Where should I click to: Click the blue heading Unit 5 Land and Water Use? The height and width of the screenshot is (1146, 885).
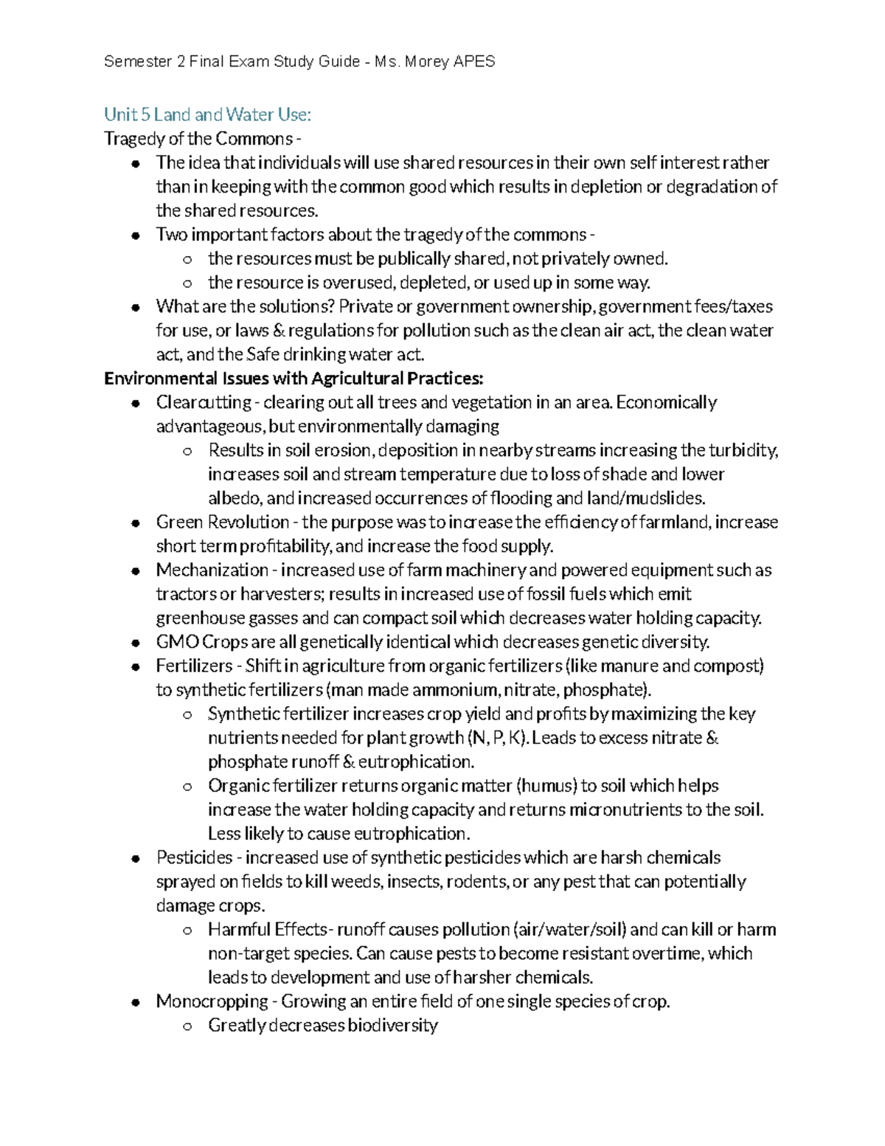pos(207,114)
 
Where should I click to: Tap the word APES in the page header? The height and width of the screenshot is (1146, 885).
pos(474,61)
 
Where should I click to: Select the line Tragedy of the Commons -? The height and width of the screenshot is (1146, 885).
pos(203,139)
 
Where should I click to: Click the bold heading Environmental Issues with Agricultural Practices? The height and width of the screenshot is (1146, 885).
pos(294,379)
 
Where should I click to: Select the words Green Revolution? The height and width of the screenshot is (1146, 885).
pos(223,522)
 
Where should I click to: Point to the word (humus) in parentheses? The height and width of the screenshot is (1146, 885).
pos(546,786)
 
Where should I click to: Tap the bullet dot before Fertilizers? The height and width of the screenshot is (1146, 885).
pos(136,667)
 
